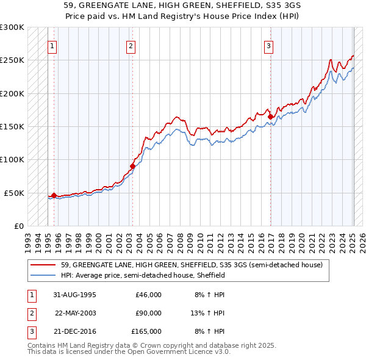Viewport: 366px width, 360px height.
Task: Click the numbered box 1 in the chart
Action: click(x=52, y=45)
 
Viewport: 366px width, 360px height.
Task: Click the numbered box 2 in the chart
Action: click(x=131, y=45)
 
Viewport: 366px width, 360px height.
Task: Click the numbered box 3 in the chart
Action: click(x=269, y=45)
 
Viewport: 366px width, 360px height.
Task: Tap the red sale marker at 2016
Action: click(x=270, y=117)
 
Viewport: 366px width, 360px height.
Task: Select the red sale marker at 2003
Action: click(x=132, y=166)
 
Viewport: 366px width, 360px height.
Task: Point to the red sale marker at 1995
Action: click(x=54, y=195)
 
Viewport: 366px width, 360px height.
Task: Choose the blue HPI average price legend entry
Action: click(x=143, y=275)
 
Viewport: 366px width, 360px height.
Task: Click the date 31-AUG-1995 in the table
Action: click(x=74, y=295)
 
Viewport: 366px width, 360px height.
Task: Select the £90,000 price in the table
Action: click(x=148, y=313)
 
